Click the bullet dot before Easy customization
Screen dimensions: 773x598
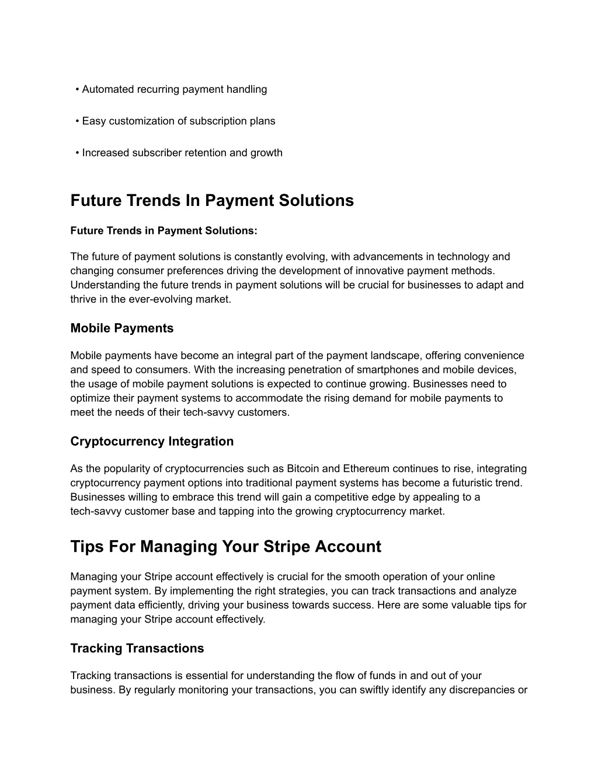click(77, 121)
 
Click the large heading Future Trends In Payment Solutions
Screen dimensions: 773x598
click(212, 201)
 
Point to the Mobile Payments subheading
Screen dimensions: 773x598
click(122, 328)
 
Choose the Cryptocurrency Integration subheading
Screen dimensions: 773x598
click(152, 442)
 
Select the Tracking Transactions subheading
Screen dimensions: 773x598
click(137, 649)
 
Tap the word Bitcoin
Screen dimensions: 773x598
click(303, 468)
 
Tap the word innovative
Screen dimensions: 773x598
click(380, 271)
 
